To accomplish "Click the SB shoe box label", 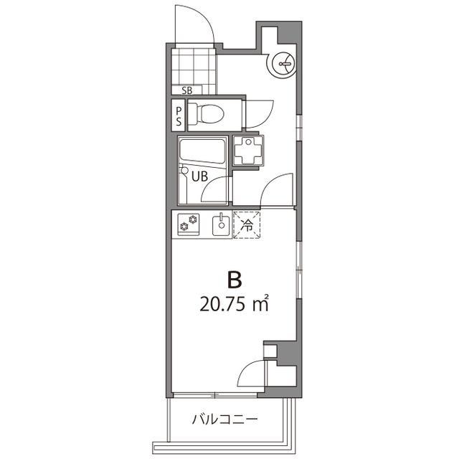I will click(187, 90).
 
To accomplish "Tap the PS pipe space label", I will click(179, 115).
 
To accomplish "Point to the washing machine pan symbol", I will click(250, 150).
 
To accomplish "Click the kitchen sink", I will click(222, 226).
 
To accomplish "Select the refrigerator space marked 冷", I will click(246, 225).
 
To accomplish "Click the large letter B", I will click(233, 278).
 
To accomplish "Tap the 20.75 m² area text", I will click(234, 304).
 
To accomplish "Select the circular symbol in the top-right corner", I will click(282, 65).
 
